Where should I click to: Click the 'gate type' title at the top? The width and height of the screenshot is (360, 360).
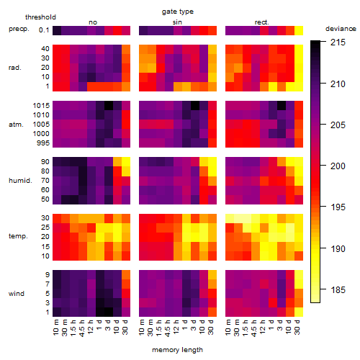178,12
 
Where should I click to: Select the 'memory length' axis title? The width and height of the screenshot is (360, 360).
178,350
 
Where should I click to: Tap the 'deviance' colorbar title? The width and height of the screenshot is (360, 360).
341,29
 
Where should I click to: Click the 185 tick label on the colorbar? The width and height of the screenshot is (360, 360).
338,290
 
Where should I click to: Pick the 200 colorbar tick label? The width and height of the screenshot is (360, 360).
338,166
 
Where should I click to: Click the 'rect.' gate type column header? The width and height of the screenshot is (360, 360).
261,22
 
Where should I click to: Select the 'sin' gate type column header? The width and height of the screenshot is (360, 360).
177,22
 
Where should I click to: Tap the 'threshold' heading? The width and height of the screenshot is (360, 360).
40,17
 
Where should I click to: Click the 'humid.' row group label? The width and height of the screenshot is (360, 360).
20,181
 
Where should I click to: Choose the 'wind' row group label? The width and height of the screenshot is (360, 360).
17,294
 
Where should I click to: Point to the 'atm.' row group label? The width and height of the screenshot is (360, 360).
16,125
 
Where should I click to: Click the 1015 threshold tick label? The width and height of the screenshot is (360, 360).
41,106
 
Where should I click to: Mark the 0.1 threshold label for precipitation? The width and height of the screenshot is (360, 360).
44,30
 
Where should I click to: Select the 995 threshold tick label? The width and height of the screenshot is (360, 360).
43,143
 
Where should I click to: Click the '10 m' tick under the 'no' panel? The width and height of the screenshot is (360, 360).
56,327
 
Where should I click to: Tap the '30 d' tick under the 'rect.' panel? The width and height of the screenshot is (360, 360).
297,327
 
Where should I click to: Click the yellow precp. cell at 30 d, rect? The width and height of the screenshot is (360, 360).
299,30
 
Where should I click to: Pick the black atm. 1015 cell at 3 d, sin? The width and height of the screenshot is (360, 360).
195,106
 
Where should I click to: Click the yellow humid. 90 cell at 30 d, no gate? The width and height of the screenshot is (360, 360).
126,162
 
